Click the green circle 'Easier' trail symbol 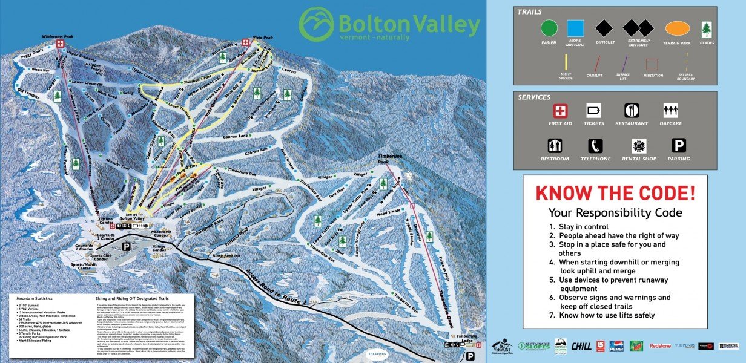pos(549,28)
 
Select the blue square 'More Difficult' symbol pos(575,28)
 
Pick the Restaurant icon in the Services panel pos(632,111)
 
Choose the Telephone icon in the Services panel pos(594,146)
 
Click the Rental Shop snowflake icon pos(639,146)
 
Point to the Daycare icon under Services pos(670,111)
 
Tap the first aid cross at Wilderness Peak pos(61,44)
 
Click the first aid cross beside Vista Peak pos(246,42)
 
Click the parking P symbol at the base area pos(126,247)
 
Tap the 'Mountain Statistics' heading pos(36,299)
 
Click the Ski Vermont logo pos(502,346)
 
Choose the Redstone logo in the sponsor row pos(660,346)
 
